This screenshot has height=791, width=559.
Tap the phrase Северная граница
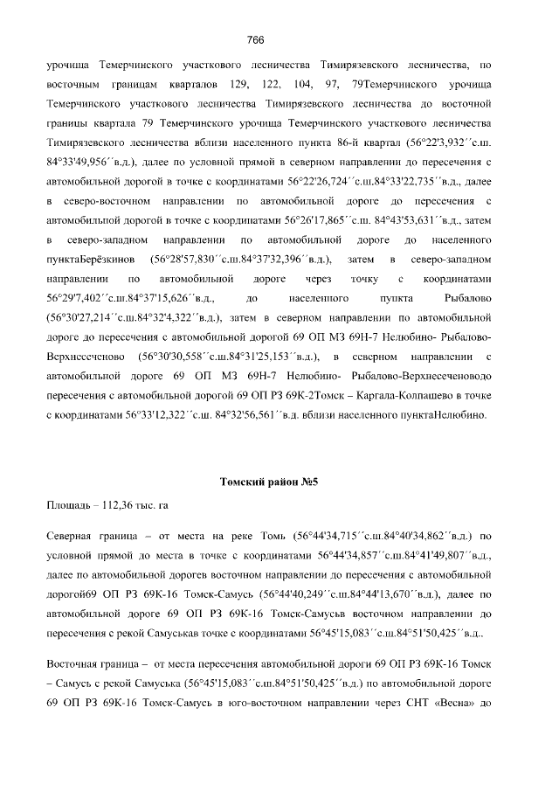coord(88,534)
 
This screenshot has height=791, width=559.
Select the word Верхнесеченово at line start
coord(85,357)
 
